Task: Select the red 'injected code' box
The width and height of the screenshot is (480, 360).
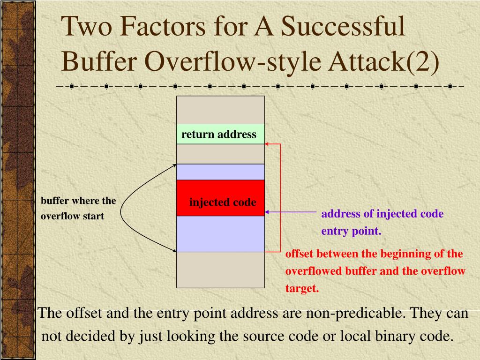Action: point(220,198)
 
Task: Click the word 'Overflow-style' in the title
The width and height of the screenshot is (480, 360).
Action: point(217,61)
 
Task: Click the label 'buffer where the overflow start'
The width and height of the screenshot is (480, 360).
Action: point(78,209)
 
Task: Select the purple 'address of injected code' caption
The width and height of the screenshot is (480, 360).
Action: point(382,214)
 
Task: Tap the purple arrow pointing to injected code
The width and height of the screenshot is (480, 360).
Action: point(291,212)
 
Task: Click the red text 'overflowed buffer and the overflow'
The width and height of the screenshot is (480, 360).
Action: point(375,271)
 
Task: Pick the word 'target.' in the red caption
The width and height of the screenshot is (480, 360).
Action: point(302,289)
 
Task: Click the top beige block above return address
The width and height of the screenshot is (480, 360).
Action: point(220,110)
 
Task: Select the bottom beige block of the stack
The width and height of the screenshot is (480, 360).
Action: point(220,270)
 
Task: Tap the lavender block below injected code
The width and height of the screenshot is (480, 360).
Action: point(220,234)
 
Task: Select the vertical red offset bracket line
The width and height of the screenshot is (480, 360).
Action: point(280,197)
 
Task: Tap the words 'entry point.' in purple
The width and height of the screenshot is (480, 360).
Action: point(351,232)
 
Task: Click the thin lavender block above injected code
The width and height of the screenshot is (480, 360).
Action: point(220,172)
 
